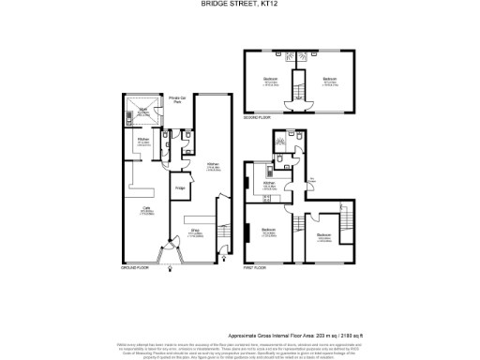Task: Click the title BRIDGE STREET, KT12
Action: [239, 5]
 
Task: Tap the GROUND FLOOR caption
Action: [135, 269]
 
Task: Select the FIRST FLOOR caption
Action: [256, 269]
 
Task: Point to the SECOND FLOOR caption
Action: [258, 118]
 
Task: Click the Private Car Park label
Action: [175, 99]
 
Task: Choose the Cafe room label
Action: [146, 208]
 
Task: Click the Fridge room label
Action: [178, 187]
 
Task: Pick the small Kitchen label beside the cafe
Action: [144, 142]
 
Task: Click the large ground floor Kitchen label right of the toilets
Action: [213, 167]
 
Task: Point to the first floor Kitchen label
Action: [268, 185]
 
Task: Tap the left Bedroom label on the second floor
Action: [270, 79]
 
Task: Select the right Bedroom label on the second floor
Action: [329, 79]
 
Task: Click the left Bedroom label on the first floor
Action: [269, 231]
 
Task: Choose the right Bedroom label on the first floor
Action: [323, 234]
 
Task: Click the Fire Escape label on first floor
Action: [311, 180]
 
